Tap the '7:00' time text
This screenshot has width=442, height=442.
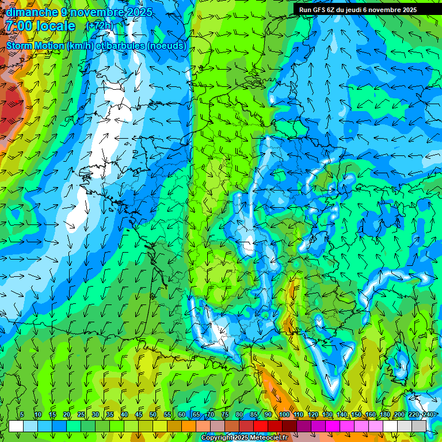18,26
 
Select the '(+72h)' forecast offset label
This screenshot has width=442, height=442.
100,25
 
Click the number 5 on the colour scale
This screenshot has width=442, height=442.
22,414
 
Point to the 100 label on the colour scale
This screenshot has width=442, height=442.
284,414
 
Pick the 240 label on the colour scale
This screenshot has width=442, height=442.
428,414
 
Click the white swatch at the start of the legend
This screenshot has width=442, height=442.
16,426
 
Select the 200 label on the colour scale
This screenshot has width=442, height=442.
399,414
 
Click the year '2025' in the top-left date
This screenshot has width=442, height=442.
139,12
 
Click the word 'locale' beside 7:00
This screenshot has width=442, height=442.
55,26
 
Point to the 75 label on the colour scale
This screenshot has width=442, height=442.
225,414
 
